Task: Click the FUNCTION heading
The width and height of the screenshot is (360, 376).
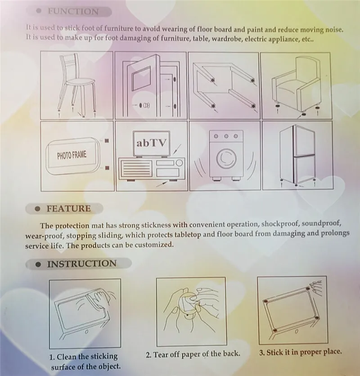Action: click(73, 11)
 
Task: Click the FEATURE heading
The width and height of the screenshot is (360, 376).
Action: click(69, 209)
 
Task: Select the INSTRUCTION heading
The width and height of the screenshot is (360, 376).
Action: click(82, 264)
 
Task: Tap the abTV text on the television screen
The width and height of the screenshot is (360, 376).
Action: click(151, 143)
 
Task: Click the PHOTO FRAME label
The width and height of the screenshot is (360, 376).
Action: click(72, 155)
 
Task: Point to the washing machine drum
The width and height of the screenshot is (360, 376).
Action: click(226, 158)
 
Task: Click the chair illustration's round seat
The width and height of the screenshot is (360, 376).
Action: click(80, 82)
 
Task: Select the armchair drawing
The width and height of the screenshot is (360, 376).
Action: click(296, 85)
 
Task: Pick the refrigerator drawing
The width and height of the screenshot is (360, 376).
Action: click(297, 155)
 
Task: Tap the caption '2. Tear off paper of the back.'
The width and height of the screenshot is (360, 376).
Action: click(193, 354)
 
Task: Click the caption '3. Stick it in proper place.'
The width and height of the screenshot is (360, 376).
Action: click(300, 352)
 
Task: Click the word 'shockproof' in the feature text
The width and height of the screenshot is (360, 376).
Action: click(280, 224)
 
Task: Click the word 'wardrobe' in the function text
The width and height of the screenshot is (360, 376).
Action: click(226, 39)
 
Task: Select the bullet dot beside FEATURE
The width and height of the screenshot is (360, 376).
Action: click(37, 209)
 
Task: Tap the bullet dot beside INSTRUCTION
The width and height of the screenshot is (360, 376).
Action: click(38, 264)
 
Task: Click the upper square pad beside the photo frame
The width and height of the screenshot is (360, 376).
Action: click(107, 141)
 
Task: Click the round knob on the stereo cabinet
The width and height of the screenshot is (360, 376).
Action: click(179, 163)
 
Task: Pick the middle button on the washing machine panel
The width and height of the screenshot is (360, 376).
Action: click(226, 136)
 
